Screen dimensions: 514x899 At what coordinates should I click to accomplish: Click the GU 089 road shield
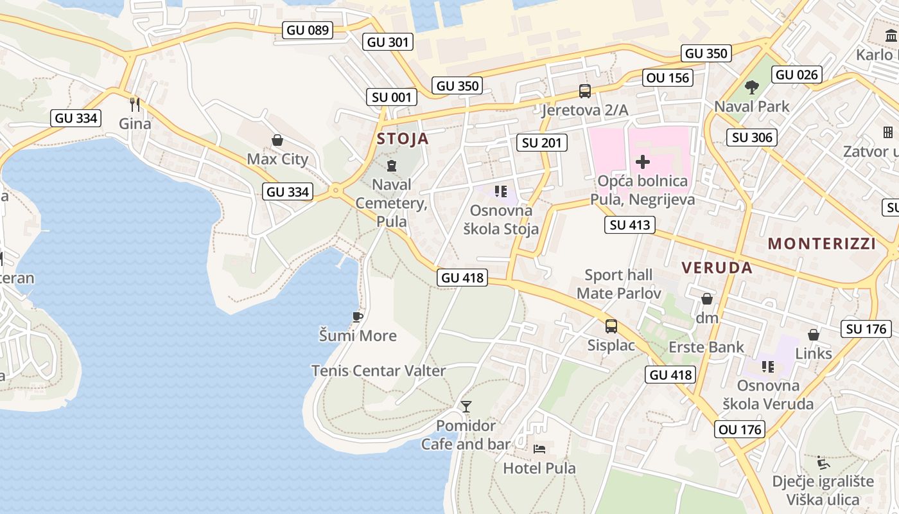(308, 30)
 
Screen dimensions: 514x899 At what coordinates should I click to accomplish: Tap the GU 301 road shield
(388, 42)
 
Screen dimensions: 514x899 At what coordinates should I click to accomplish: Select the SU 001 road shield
(391, 97)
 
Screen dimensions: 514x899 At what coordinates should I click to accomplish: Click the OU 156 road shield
(668, 78)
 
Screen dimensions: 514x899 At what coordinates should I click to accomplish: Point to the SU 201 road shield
(542, 143)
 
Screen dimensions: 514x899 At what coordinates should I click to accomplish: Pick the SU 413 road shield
(630, 225)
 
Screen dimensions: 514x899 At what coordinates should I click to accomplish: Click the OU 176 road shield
(740, 429)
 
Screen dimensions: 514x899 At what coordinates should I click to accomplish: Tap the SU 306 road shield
(752, 137)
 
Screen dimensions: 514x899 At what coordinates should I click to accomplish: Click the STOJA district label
(403, 139)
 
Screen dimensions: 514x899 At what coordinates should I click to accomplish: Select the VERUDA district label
(717, 268)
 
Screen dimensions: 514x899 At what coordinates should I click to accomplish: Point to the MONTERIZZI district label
(822, 244)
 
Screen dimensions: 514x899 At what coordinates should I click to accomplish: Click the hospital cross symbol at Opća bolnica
(642, 162)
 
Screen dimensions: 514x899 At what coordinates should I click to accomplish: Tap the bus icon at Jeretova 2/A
(584, 91)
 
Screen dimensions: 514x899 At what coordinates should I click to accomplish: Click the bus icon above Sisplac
(611, 326)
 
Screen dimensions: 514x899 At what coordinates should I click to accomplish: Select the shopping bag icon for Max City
(277, 140)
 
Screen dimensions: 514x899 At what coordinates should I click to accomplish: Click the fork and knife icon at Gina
(135, 104)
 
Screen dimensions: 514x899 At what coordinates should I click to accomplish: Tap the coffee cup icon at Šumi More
(358, 316)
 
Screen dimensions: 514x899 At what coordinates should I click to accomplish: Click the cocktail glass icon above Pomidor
(466, 406)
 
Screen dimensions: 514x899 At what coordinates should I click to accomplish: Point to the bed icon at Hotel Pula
(539, 448)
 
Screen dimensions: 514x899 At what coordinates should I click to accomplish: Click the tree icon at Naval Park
(751, 87)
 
